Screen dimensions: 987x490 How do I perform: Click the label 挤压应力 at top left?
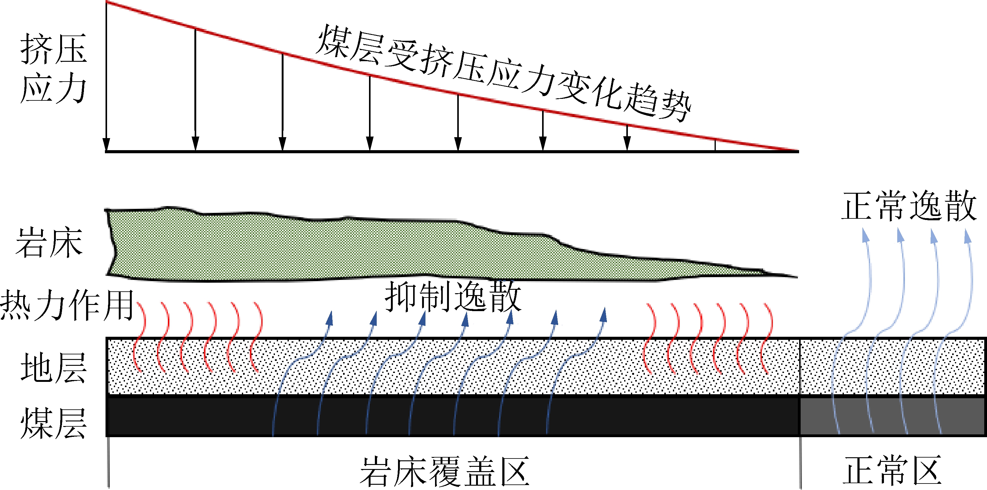(x=54, y=68)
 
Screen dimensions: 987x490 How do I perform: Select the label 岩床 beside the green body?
(x=49, y=243)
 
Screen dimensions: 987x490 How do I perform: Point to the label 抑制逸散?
(x=453, y=296)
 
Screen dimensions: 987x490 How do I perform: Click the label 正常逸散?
(x=909, y=206)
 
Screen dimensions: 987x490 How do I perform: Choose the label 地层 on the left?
(x=54, y=368)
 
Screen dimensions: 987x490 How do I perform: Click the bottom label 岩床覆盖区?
(x=445, y=471)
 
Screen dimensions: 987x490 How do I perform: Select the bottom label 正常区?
(x=892, y=471)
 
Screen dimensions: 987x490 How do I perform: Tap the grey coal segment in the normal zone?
(x=893, y=416)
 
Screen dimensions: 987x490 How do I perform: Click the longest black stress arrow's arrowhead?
(x=106, y=144)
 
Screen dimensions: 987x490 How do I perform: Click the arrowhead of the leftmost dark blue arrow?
(x=330, y=318)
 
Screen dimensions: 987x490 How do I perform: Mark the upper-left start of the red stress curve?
(x=106, y=2)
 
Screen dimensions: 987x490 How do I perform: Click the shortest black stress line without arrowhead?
(x=715, y=145)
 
